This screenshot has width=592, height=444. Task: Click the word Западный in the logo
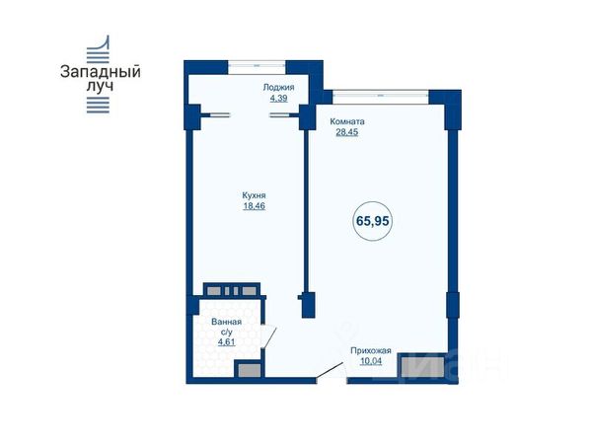tap(101, 72)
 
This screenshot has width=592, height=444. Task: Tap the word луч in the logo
tap(100, 86)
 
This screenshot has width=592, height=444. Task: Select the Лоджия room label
tap(278, 88)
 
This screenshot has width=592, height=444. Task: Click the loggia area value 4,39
tap(278, 99)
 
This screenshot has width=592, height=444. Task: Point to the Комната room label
tap(347, 121)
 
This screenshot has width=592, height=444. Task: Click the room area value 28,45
tap(347, 132)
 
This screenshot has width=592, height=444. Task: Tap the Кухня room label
tap(255, 195)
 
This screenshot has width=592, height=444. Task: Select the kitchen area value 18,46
tap(255, 206)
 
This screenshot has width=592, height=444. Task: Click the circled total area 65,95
tap(373, 221)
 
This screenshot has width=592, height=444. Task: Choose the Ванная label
tap(227, 322)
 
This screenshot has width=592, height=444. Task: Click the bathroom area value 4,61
tap(227, 342)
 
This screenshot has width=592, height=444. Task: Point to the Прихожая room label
tap(371, 350)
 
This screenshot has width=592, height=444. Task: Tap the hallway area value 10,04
tap(371, 361)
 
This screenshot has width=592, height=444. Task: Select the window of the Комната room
tap(381, 96)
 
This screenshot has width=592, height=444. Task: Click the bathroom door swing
tap(269, 337)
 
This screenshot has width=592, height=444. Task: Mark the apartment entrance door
tap(332, 371)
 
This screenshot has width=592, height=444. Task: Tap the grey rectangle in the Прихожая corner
tap(422, 367)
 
